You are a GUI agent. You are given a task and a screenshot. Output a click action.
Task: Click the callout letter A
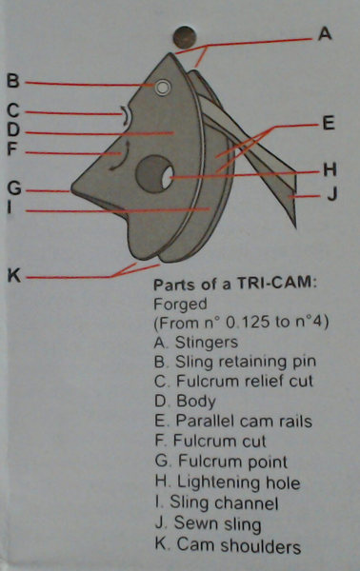[325, 33]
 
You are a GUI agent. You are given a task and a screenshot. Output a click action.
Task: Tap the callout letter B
[12, 81]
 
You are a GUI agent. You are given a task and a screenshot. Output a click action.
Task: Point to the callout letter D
[12, 129]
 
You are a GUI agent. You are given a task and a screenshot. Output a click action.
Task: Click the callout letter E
[329, 122]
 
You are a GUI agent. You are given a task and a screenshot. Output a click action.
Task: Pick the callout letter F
[12, 149]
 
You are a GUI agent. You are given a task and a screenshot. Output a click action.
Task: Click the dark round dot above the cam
[186, 37]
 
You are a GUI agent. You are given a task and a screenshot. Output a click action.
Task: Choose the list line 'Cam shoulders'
[235, 545]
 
